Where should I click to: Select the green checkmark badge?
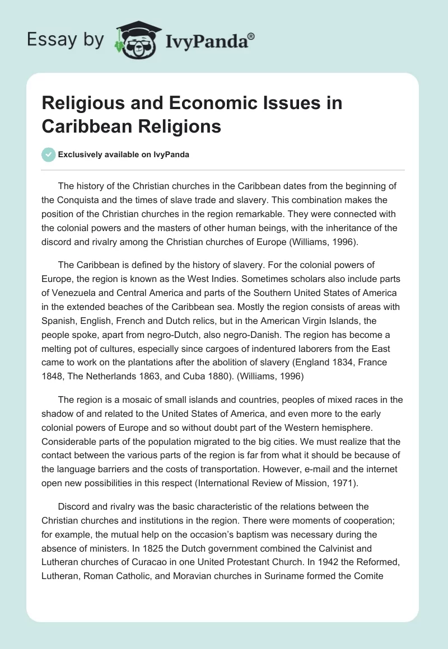tap(49, 154)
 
